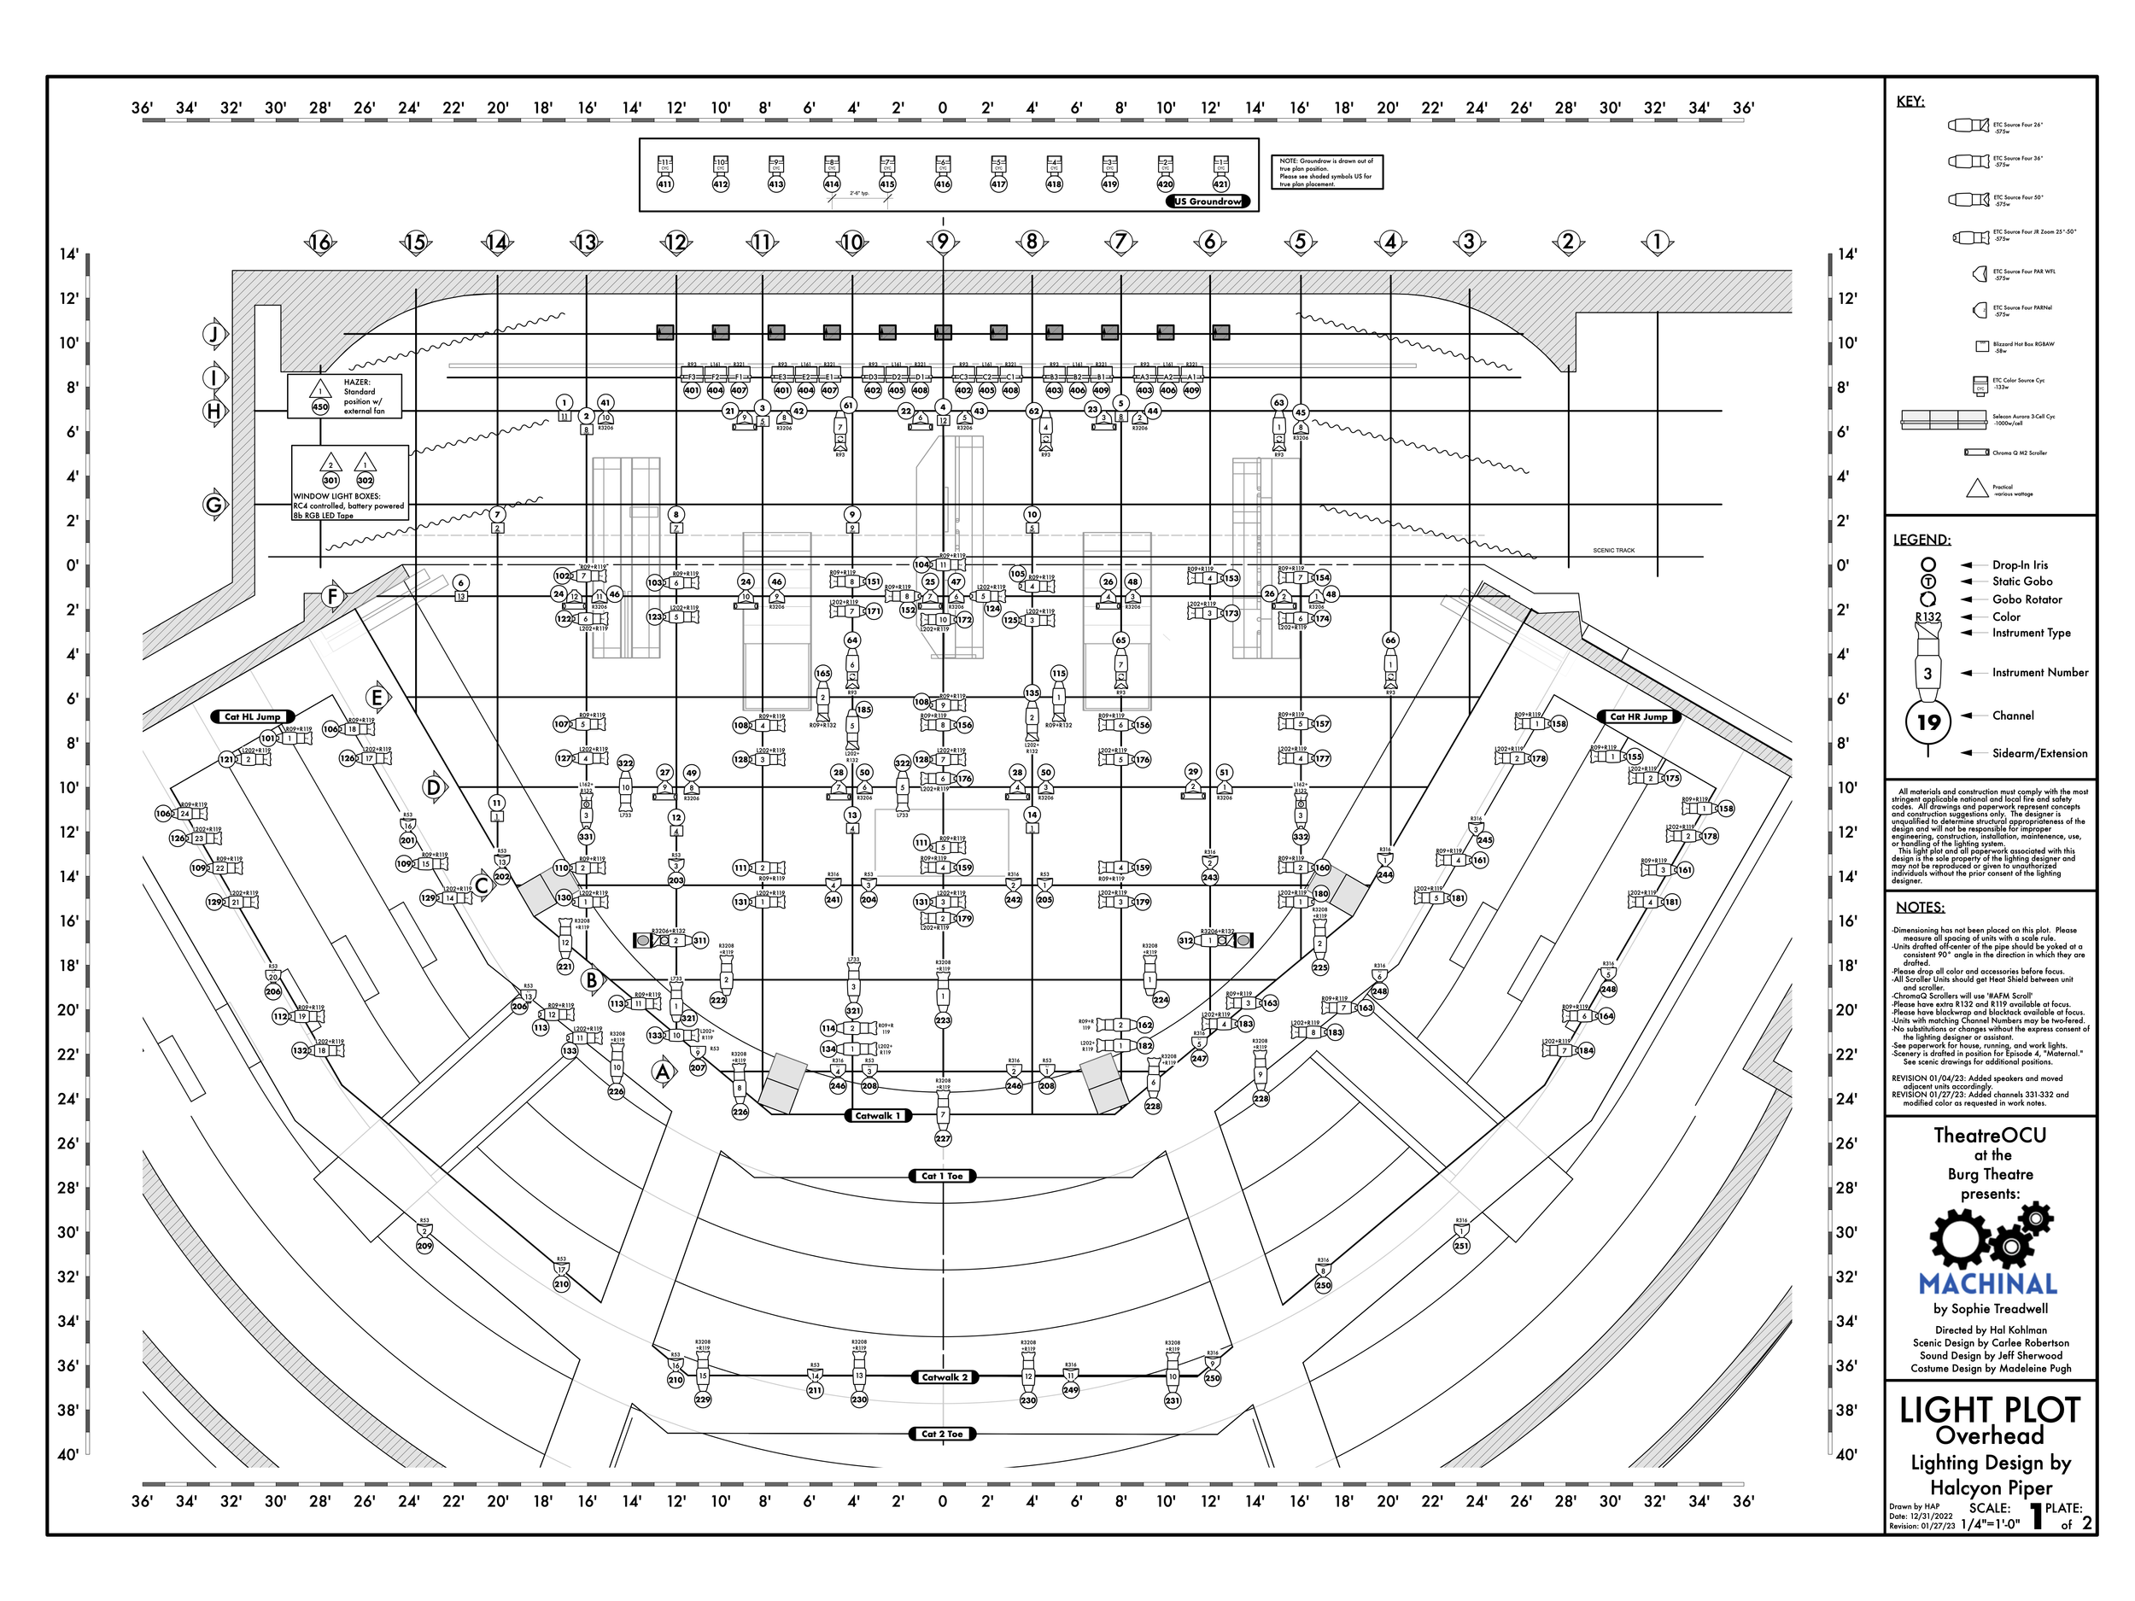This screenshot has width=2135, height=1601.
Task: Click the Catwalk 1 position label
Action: pyautogui.click(x=877, y=1116)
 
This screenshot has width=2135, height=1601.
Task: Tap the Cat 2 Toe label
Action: pyautogui.click(x=942, y=1434)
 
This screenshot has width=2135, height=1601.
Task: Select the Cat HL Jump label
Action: pyautogui.click(x=252, y=717)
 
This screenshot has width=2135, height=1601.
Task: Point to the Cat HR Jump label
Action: pyautogui.click(x=1639, y=717)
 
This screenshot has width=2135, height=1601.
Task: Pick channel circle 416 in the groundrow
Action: pyautogui.click(x=943, y=184)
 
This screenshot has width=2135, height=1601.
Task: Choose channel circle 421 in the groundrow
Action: pyautogui.click(x=1221, y=184)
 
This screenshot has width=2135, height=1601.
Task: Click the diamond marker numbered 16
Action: pyautogui.click(x=320, y=242)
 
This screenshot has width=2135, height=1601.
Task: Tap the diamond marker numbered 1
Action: pyautogui.click(x=1658, y=242)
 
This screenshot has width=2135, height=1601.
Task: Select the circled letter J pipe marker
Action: pyautogui.click(x=214, y=335)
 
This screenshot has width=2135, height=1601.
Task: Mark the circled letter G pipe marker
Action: pyautogui.click(x=214, y=505)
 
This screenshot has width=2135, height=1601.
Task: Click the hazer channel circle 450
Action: pyautogui.click(x=320, y=407)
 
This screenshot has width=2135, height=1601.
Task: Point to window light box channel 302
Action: pyautogui.click(x=365, y=481)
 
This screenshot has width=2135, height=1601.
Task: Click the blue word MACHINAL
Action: pyautogui.click(x=1988, y=1284)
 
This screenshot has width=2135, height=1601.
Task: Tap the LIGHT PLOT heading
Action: pyautogui.click(x=1989, y=1411)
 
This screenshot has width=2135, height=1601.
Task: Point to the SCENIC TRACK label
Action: pyautogui.click(x=1614, y=551)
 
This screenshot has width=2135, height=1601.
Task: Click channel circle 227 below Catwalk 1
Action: pyautogui.click(x=943, y=1139)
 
